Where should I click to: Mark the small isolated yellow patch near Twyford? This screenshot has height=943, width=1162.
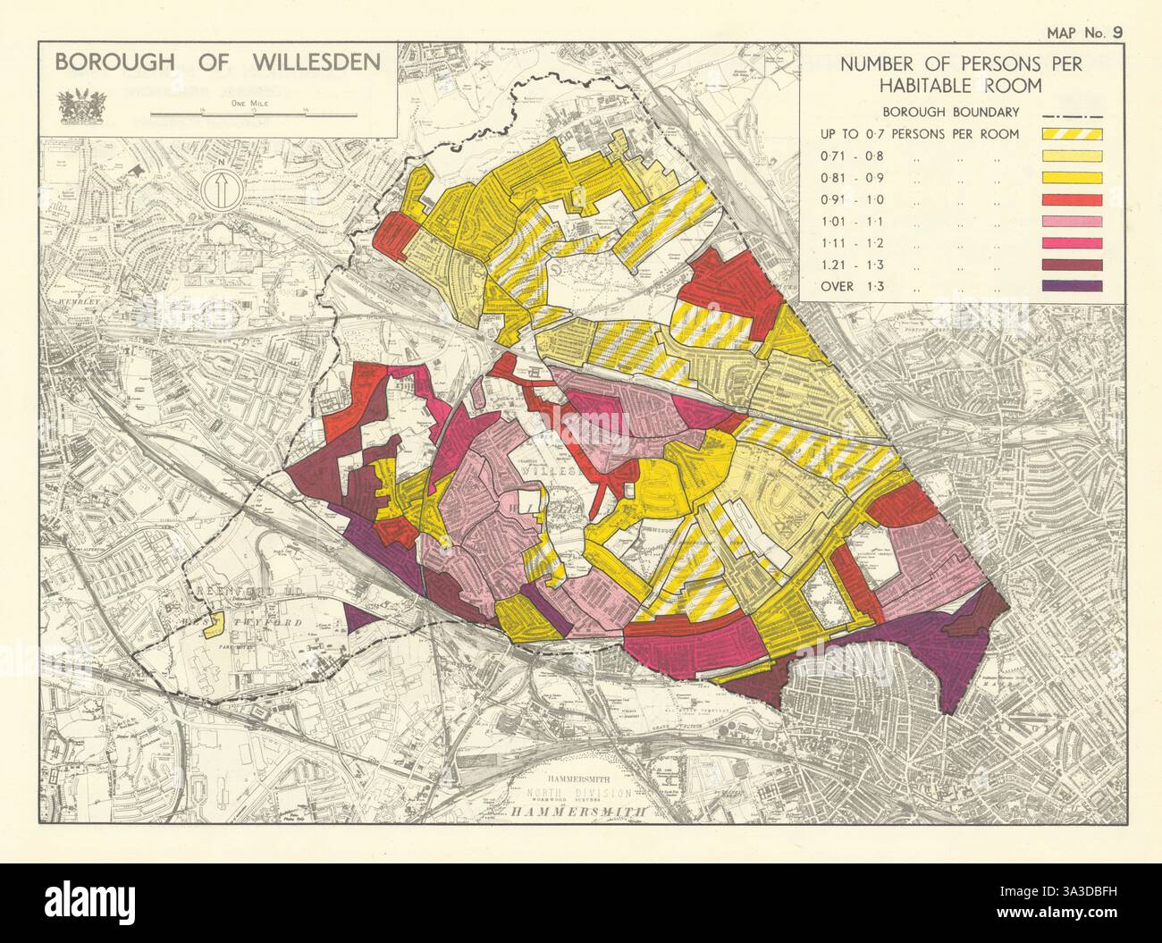(214, 627)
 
